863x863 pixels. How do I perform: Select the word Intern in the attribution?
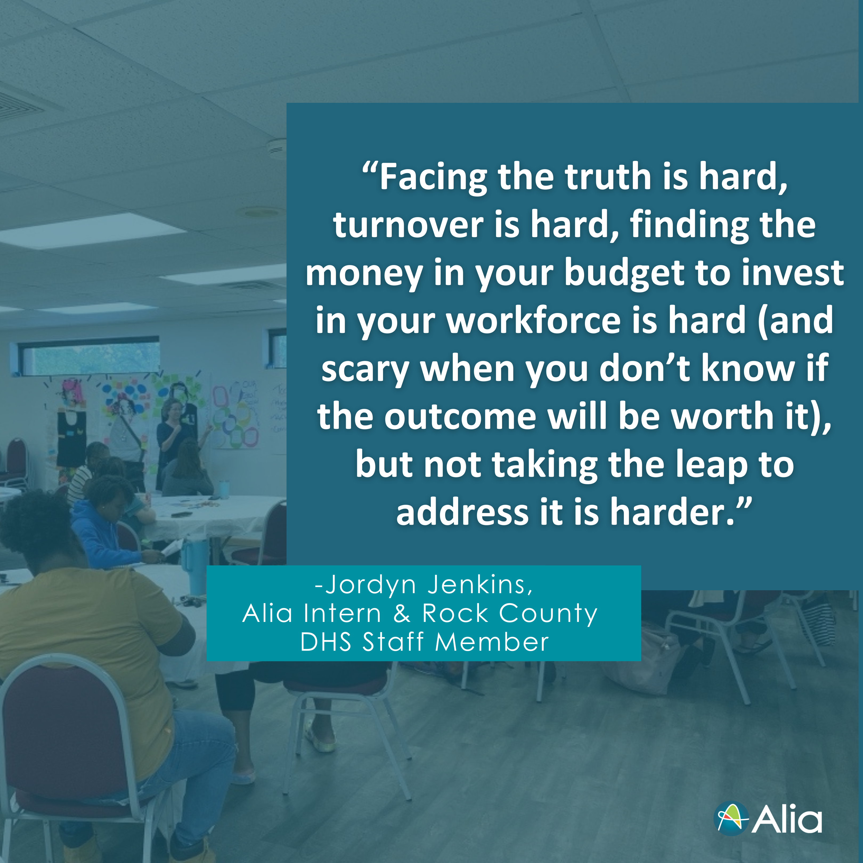tap(342, 613)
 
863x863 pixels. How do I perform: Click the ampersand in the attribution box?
tap(402, 614)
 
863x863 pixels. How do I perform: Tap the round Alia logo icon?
tap(731, 819)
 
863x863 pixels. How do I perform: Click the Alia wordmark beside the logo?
tap(787, 819)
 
